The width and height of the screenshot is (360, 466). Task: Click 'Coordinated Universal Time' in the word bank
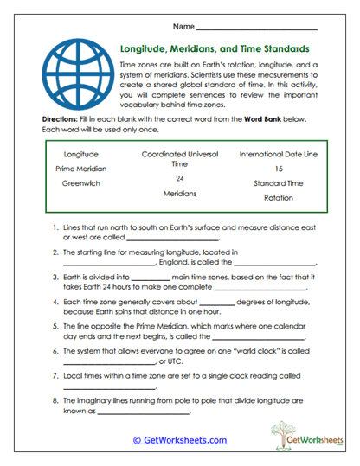(x=180, y=158)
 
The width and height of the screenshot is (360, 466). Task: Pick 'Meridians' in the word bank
(x=180, y=194)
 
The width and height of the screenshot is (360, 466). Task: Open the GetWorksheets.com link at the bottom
(x=179, y=440)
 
